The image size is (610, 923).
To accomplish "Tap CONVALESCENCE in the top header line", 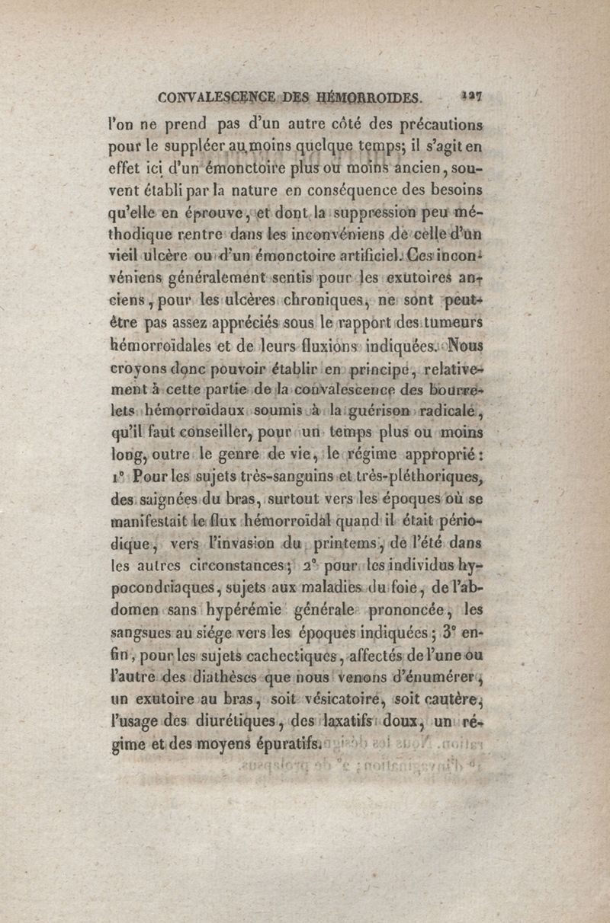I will pos(217,98).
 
